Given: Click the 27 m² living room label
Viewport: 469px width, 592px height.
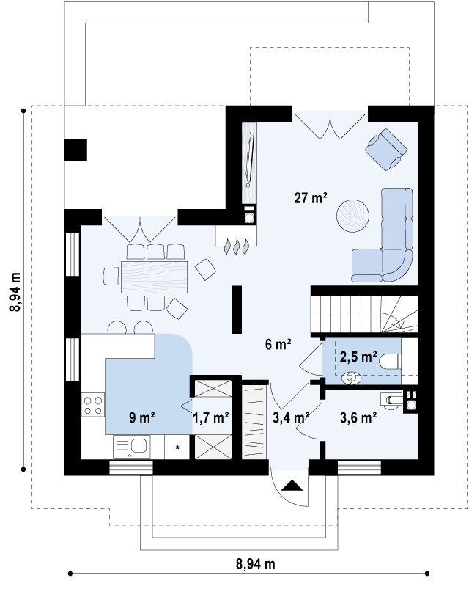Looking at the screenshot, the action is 310,198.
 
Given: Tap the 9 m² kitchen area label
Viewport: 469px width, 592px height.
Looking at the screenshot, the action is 142,417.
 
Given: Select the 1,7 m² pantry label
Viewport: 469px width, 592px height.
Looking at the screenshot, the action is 211,418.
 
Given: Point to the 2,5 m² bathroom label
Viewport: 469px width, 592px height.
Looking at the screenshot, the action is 358,357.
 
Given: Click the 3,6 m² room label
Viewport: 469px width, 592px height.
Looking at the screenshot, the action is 358,417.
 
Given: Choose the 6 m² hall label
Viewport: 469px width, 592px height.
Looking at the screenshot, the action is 278,344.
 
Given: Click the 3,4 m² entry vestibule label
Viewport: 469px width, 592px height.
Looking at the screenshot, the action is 291,417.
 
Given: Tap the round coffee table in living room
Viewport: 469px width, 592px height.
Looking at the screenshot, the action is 352,215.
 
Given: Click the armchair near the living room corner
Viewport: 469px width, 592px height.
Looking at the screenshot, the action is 386,150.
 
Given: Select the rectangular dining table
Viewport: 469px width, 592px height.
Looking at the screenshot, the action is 154,277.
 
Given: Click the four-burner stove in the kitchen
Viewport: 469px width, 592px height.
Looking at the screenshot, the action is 93,405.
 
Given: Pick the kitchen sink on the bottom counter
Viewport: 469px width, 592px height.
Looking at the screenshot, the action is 132,447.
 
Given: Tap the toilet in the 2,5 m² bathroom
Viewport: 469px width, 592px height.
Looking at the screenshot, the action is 390,362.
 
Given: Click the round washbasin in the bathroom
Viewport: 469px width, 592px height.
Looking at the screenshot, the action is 352,378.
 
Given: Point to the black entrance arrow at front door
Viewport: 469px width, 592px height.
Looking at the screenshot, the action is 292,485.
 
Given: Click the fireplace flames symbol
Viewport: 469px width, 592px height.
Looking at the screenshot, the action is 237,246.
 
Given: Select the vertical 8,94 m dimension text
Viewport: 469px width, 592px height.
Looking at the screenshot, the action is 15,291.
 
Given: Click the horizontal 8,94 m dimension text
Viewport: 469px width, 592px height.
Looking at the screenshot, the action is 255,564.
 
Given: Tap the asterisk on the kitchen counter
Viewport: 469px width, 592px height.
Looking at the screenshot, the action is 177,447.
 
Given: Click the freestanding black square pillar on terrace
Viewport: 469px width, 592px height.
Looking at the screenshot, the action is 75,150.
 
